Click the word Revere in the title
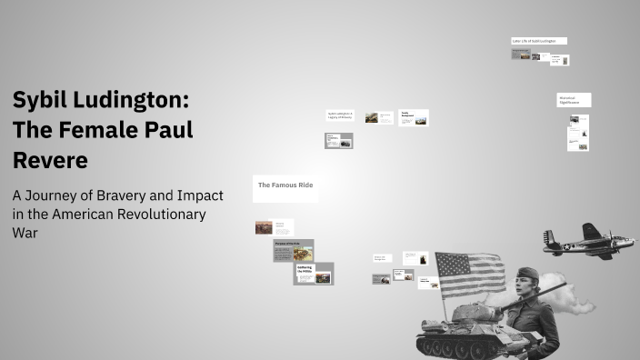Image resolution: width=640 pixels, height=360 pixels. [50, 160]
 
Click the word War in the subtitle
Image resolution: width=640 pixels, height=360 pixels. [24, 233]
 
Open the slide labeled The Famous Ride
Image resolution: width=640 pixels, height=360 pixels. [285, 185]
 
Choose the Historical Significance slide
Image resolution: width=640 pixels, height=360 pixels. [574, 100]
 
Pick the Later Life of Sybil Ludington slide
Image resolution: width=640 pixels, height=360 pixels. [539, 41]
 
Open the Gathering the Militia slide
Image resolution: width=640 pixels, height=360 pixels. [313, 273]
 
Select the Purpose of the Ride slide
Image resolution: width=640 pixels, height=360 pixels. [293, 250]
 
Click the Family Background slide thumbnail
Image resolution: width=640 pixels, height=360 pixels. [414, 117]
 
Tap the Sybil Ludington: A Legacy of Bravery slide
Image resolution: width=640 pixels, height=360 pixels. [339, 115]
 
